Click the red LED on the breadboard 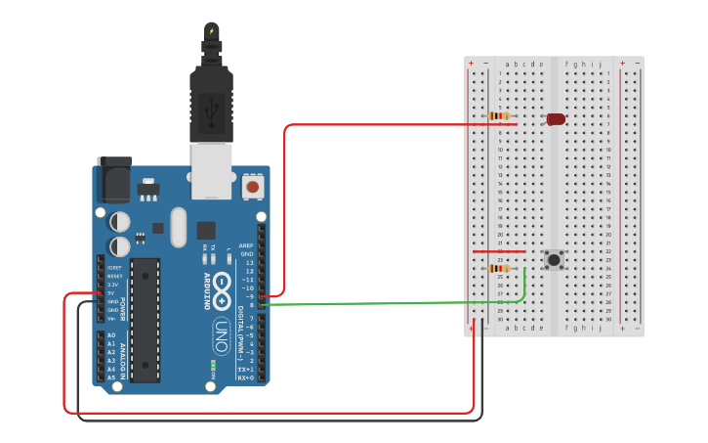[x=556, y=119]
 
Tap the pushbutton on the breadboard [x=554, y=260]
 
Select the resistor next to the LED [x=499, y=116]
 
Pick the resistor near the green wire [x=499, y=269]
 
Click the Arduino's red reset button [x=253, y=186]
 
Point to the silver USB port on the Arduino [x=211, y=170]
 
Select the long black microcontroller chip [x=146, y=320]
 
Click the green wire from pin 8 [x=391, y=303]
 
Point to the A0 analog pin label [x=110, y=335]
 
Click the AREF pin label [x=246, y=245]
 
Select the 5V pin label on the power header [x=111, y=293]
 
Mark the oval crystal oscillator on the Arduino [x=178, y=227]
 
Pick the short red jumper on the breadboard [x=499, y=251]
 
